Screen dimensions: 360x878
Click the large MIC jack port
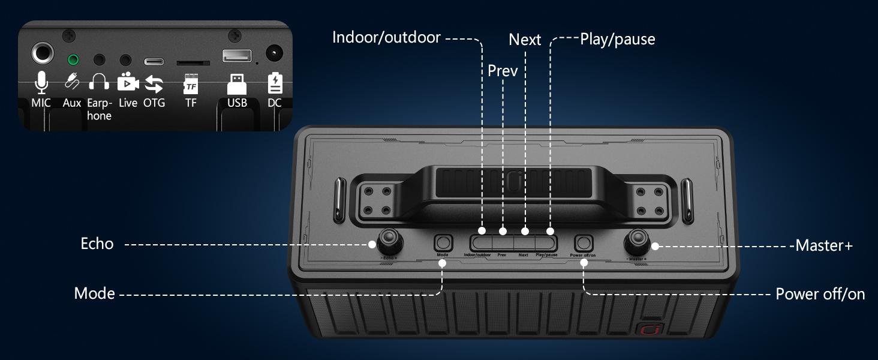(42, 54)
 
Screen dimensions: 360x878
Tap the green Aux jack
(73, 60)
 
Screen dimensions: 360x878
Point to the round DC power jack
(274, 54)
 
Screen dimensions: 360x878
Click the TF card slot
(193, 62)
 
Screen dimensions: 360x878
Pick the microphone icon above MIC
(41, 82)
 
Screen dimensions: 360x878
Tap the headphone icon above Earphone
(99, 82)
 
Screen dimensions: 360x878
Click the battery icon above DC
(275, 83)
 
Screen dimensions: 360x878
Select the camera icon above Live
(128, 82)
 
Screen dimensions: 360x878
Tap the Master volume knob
(638, 244)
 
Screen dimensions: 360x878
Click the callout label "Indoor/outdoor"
(386, 38)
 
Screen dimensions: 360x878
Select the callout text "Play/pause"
(617, 40)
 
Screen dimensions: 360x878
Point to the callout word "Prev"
(502, 71)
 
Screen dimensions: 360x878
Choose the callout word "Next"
(525, 40)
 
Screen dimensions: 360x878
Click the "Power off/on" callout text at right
(820, 294)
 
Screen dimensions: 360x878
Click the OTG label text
(154, 103)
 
